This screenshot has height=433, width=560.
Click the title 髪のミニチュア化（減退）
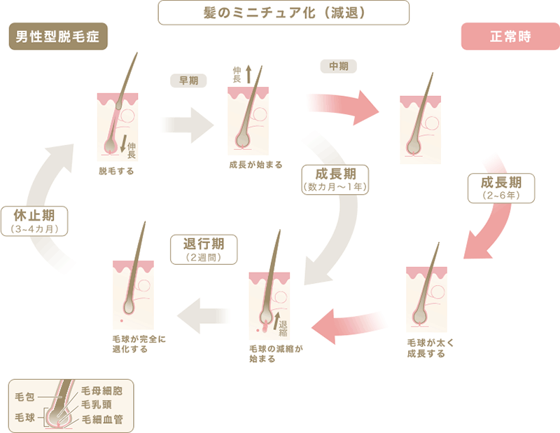coord(283,12)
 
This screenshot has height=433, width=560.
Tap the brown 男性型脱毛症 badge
coord(58,36)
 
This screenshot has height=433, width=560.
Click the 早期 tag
coord(188,80)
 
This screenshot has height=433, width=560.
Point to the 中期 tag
coord(338,67)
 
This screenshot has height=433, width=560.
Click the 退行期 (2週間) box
coord(204,249)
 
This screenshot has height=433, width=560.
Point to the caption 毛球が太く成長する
coord(426,348)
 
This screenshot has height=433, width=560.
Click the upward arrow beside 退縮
coord(276,320)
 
